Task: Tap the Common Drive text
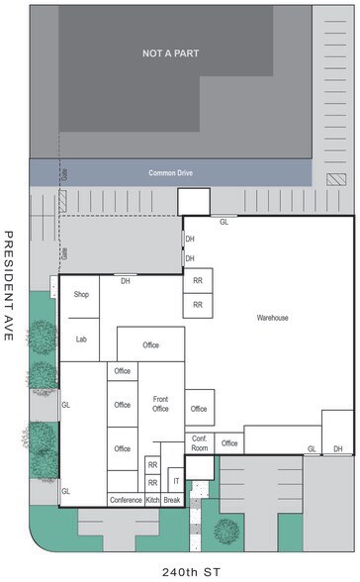tap(169, 173)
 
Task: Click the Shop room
tap(82, 295)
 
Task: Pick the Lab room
tap(82, 339)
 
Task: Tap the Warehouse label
tap(272, 318)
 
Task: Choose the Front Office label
tap(160, 404)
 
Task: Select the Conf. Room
tap(199, 444)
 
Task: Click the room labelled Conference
tap(126, 500)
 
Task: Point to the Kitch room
tap(152, 500)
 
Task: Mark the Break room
tap(172, 500)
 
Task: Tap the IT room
tap(176, 481)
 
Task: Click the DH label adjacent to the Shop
tap(126, 281)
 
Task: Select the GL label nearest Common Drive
tap(224, 222)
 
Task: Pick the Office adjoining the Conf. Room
tap(229, 443)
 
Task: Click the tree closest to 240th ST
tap(226, 533)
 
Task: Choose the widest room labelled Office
tap(150, 345)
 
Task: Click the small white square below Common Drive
tap(193, 201)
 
